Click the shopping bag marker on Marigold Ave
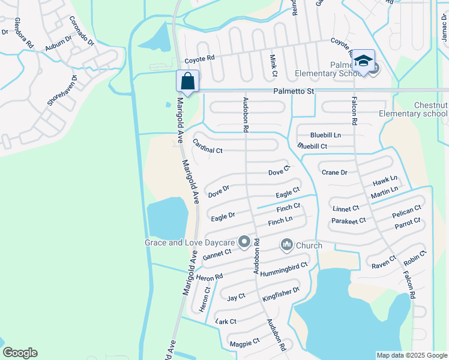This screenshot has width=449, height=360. tap(187, 82)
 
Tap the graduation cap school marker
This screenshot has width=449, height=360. tap(363, 61)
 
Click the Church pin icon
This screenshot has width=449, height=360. tap(286, 245)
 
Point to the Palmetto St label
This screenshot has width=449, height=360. tap(294, 91)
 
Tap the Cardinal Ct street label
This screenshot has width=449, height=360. tap(207, 146)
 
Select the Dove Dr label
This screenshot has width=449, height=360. tap(219, 191)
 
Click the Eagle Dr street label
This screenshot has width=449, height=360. tap(223, 215)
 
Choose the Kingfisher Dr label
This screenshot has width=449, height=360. tap(281, 294)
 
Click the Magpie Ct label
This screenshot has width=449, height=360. tap(244, 343)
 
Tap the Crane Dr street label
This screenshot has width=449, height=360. tap(334, 172)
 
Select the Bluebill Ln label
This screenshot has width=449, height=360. tap(325, 135)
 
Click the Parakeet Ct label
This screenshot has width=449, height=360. tap(349, 221)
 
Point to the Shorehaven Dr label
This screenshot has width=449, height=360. tap(62, 91)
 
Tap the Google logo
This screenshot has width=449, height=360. tap(20, 353)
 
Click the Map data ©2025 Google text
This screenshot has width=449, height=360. tap(412, 355)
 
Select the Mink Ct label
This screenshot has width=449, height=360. tap(273, 65)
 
